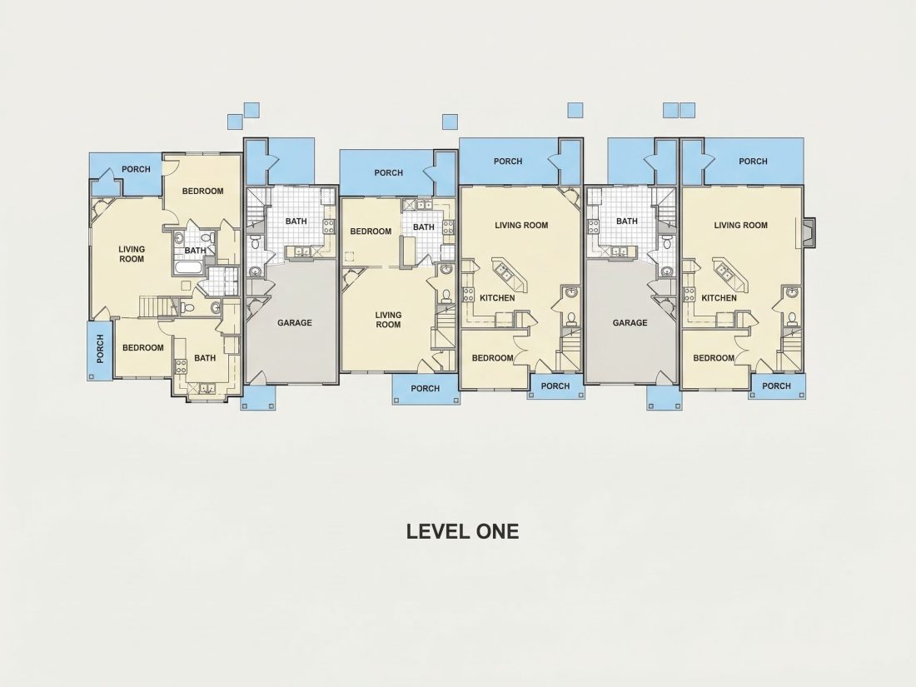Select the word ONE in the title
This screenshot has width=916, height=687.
pos(498,531)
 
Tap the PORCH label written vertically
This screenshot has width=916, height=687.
pos(100,349)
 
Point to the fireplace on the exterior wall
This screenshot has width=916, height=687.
pos(809,232)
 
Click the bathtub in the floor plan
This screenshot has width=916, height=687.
pos(189,269)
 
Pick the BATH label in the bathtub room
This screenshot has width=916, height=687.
pos(195,251)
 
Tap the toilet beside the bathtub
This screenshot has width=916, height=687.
pos(207,238)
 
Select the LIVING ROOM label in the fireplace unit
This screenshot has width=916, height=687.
pos(741,225)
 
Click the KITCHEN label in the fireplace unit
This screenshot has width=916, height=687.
pos(719,298)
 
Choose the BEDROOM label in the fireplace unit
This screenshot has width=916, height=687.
pos(714,358)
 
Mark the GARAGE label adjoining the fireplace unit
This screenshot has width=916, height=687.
pos(630,322)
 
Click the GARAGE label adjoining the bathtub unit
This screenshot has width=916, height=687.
pos(295,322)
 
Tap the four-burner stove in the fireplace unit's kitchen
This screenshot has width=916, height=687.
pos(689,294)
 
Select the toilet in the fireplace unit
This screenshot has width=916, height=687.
pos(792,318)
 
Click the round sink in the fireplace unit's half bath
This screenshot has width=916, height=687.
pos(792,292)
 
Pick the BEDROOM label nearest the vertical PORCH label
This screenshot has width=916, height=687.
pos(143,347)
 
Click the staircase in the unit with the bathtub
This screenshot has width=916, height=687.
pos(149,306)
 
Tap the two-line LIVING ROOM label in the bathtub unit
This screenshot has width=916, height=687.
pos(132,254)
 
